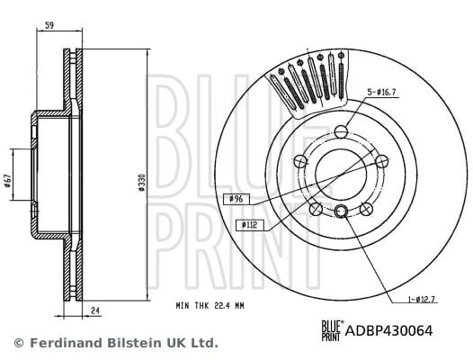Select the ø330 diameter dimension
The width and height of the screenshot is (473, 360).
click(142, 184)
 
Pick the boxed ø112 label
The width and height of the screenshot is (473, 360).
click(249, 223)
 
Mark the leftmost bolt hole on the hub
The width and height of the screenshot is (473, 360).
click(299, 161)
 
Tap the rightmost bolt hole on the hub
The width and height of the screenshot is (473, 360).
click(382, 161)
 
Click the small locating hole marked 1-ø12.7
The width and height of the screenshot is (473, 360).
click(341, 211)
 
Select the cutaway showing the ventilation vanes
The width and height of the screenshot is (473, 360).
click(312, 88)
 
